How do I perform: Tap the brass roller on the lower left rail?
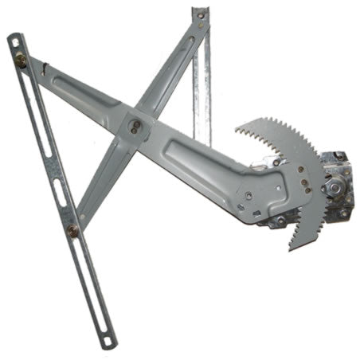(x=73, y=231)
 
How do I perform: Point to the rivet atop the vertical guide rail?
(x=200, y=15)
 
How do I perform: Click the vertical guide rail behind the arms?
(x=202, y=88)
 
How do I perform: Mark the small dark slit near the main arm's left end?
(x=48, y=68)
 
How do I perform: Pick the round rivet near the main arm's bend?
(x=250, y=194)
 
